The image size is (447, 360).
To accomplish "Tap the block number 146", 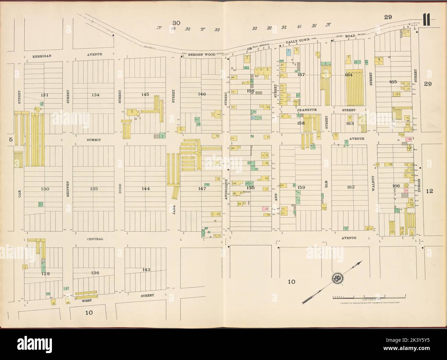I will (x=202, y=94).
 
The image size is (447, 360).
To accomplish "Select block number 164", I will (x=349, y=75).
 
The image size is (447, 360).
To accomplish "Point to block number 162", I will (x=351, y=187).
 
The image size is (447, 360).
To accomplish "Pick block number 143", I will (x=146, y=269).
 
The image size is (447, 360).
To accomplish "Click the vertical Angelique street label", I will (x=226, y=192).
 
